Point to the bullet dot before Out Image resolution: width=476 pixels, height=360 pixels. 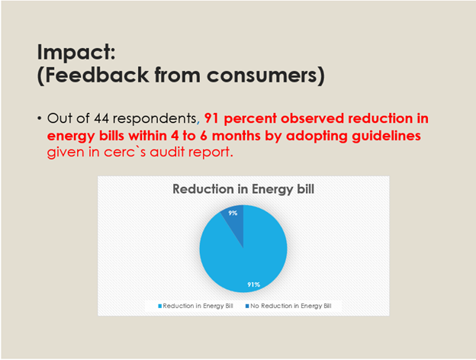click(x=40, y=120)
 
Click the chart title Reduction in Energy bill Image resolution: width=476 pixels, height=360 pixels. click(x=243, y=189)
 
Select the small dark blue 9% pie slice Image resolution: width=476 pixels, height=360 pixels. click(x=235, y=225)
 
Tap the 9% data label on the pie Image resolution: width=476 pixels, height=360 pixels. click(x=232, y=214)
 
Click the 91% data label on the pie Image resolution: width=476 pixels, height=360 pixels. click(x=253, y=284)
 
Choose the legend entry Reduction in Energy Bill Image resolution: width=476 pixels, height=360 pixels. click(x=198, y=305)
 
